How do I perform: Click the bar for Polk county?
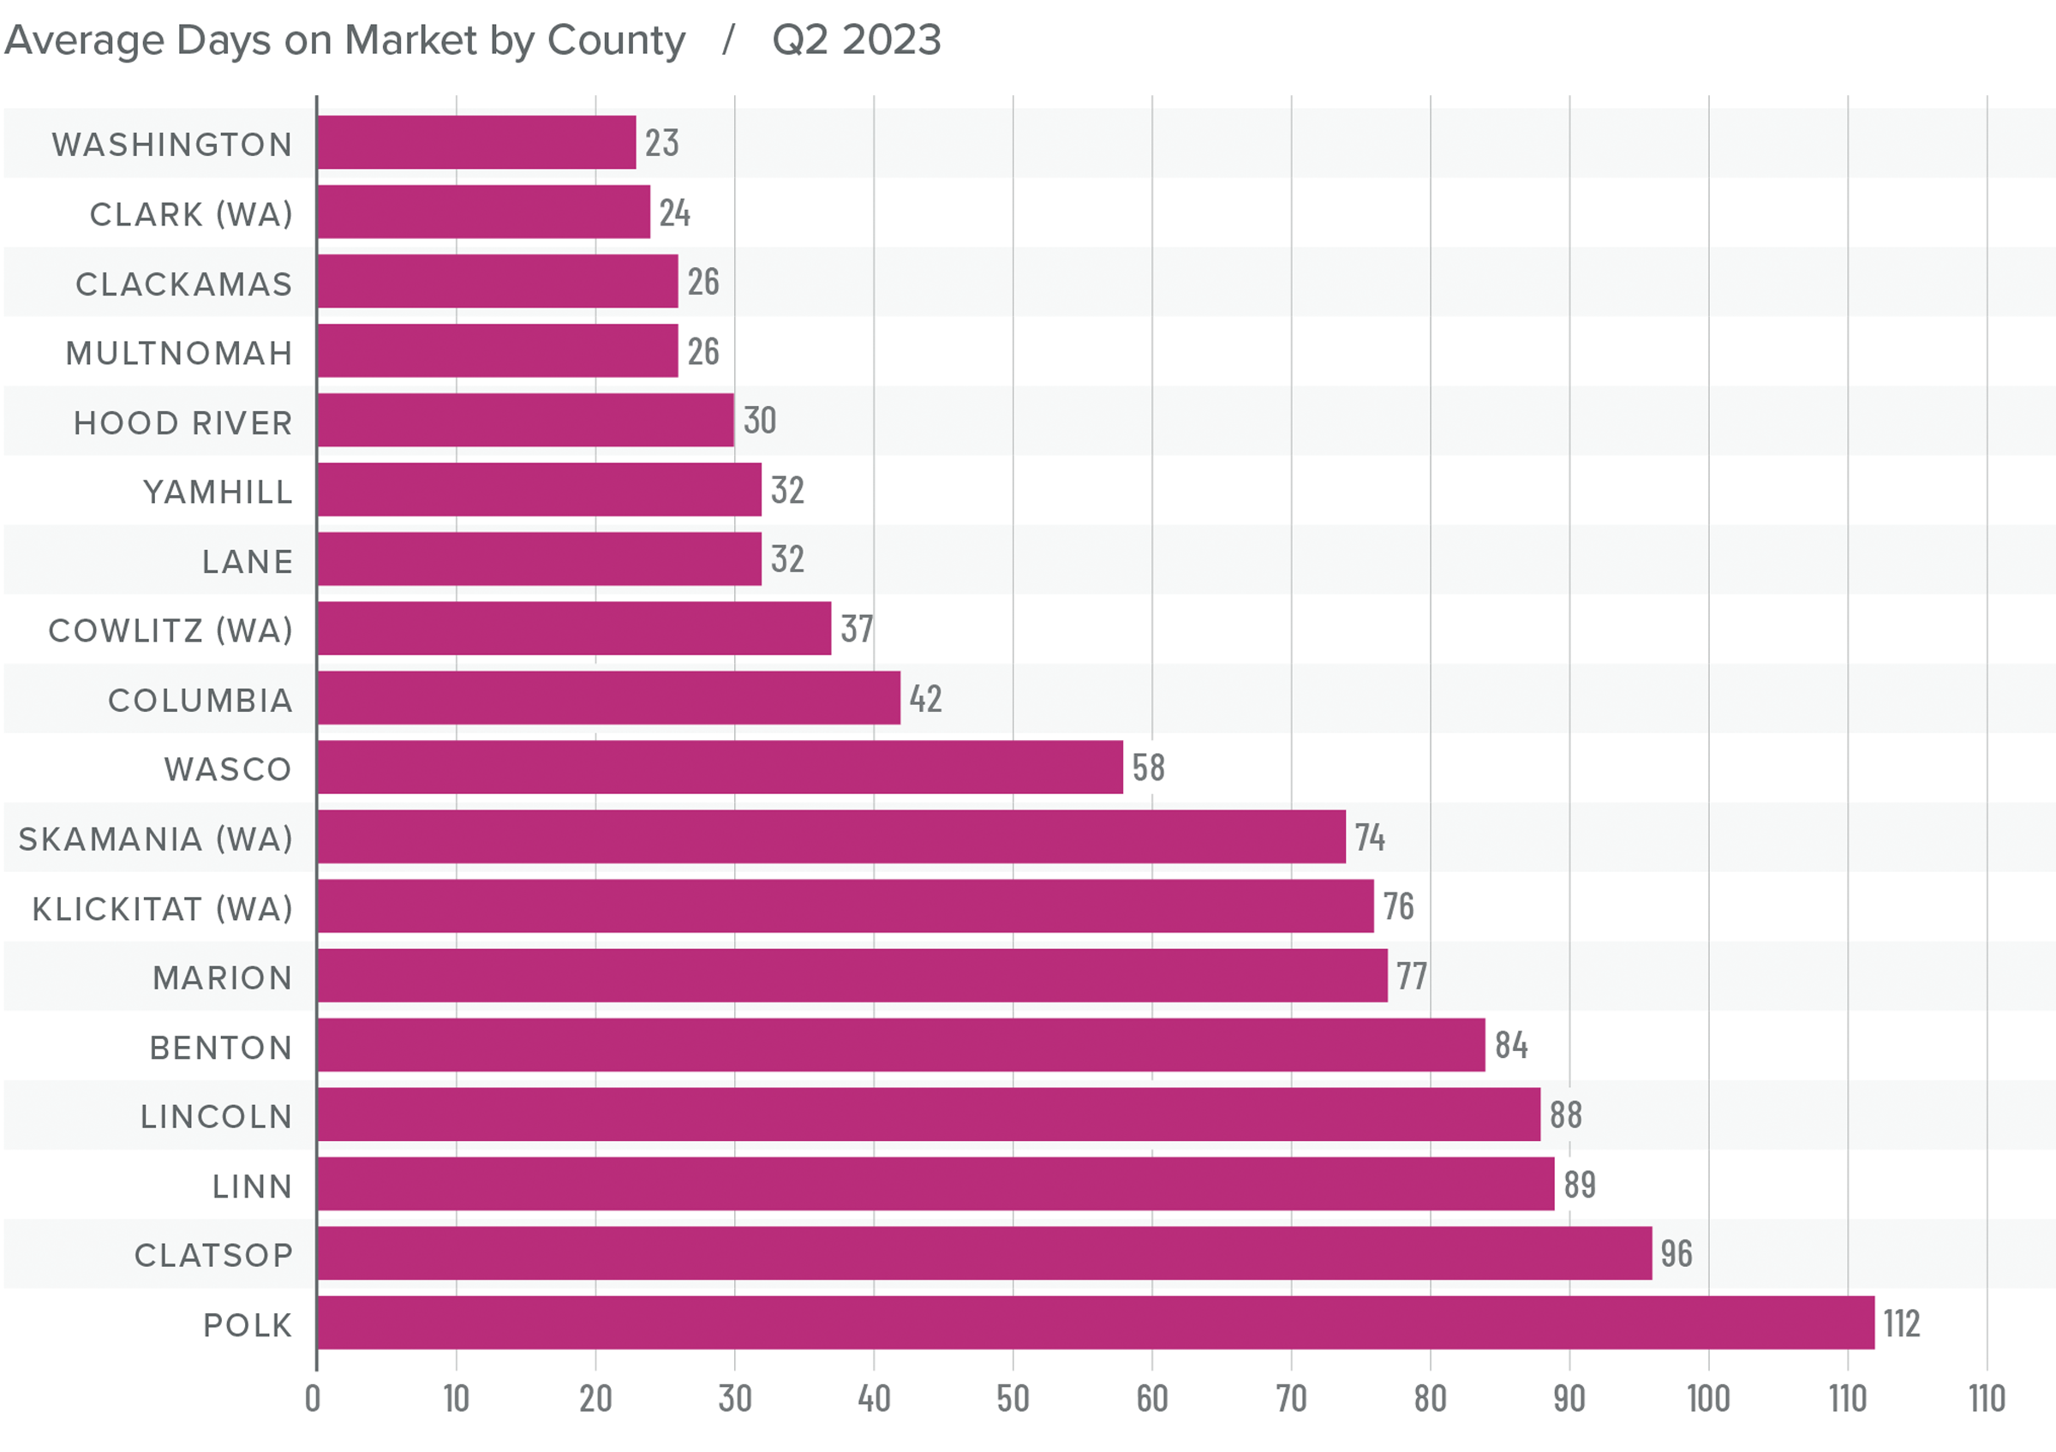(1095, 1322)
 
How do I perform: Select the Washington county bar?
(476, 142)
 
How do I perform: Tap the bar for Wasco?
(720, 768)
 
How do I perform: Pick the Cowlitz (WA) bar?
(574, 629)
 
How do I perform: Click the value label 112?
(1901, 1324)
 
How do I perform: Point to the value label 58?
(1148, 768)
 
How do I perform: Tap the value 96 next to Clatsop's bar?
(1676, 1254)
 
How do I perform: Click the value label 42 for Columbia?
(925, 699)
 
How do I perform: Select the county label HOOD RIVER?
(182, 423)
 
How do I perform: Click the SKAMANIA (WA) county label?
(156, 840)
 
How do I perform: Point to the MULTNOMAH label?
(179, 354)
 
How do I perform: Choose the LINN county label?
(253, 1187)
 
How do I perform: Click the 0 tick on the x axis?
(313, 1399)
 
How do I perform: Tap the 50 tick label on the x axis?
(1013, 1399)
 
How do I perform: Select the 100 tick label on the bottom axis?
(1707, 1399)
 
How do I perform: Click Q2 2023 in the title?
(856, 40)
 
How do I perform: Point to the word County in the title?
(616, 40)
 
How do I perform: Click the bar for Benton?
(901, 1045)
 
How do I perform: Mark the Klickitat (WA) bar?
(846, 906)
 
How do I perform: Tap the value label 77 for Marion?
(1412, 977)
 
